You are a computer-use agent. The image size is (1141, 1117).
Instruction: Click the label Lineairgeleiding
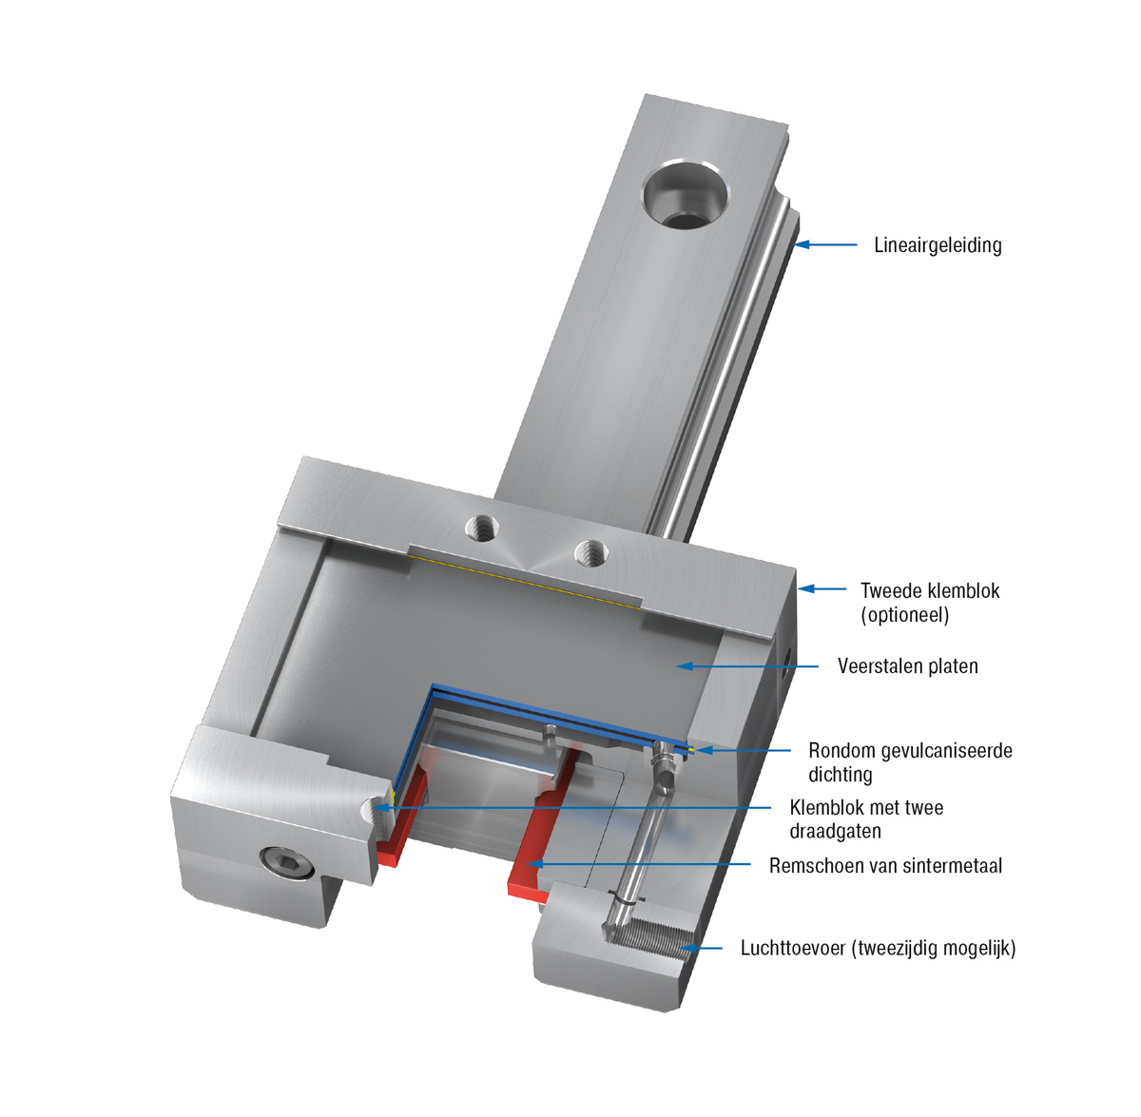938,245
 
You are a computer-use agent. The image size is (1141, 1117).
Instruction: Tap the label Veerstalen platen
908,666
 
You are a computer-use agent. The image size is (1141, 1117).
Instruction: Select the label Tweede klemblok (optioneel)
930,603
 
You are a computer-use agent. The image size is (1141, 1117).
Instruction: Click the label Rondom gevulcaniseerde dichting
911,762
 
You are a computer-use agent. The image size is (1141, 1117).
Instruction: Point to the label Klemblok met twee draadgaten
866,819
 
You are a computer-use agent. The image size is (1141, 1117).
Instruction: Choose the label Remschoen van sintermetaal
886,866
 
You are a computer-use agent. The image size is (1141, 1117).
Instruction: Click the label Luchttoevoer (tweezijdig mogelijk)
879,948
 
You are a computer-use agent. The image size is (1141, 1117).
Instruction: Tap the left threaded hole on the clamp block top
482,527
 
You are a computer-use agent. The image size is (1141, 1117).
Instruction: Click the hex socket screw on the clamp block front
287,860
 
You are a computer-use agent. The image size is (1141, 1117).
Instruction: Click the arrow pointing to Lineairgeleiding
825,244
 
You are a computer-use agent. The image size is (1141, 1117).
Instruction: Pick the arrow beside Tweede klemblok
822,588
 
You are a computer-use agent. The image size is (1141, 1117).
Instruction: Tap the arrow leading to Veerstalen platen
747,666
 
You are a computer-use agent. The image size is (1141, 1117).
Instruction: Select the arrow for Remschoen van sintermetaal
638,864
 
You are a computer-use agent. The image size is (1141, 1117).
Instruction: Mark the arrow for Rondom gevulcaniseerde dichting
743,750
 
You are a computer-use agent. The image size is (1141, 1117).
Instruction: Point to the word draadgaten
835,831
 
